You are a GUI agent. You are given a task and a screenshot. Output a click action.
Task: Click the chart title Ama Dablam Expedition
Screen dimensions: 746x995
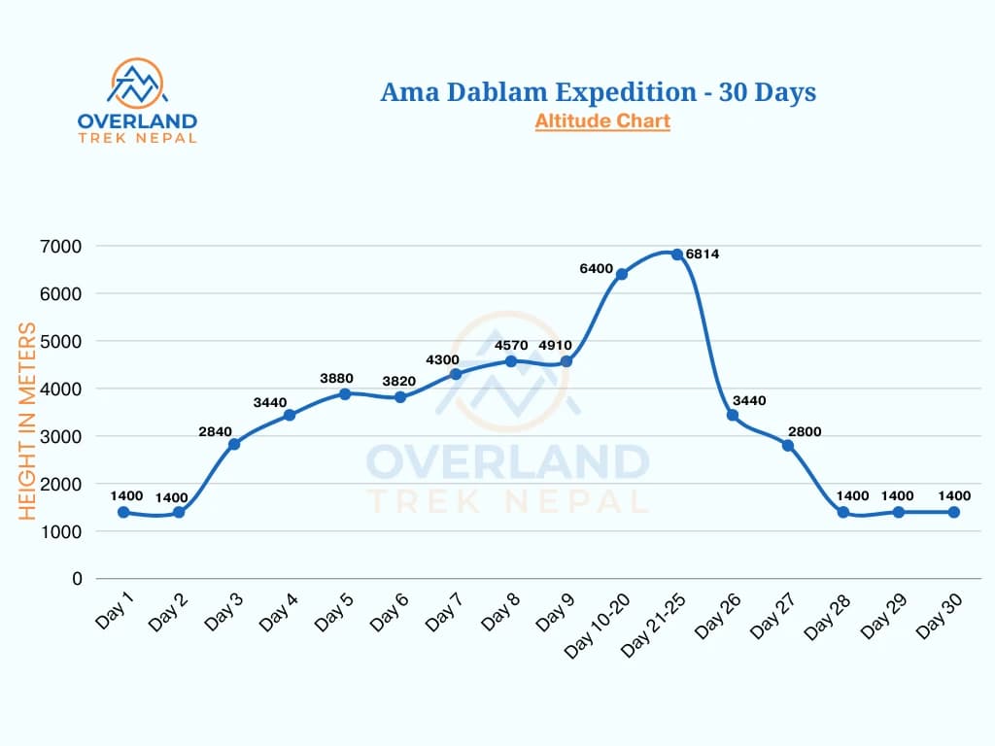pos(598,92)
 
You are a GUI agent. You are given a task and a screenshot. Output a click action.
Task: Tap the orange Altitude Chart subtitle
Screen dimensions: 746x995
pos(602,121)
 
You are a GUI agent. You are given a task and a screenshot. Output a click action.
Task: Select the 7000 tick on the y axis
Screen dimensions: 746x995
pos(61,246)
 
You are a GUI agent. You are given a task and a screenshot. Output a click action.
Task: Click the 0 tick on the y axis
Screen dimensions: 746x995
pos(77,579)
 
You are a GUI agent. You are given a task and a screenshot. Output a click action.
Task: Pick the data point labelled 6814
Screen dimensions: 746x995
pos(677,254)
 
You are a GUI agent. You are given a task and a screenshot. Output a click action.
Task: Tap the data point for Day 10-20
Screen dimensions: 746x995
pos(622,274)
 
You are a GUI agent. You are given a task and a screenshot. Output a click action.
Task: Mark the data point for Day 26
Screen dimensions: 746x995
pos(733,415)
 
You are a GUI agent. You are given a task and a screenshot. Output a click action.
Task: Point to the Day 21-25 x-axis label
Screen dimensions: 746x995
pos(656,622)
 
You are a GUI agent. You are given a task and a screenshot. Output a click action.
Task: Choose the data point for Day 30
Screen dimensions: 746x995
pos(954,512)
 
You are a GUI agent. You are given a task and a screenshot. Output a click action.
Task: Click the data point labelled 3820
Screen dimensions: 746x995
pos(400,396)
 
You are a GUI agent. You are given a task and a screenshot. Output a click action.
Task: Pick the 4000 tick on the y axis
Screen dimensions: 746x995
pos(61,389)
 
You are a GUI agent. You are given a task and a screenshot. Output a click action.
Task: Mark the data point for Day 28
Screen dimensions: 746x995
pos(843,512)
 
